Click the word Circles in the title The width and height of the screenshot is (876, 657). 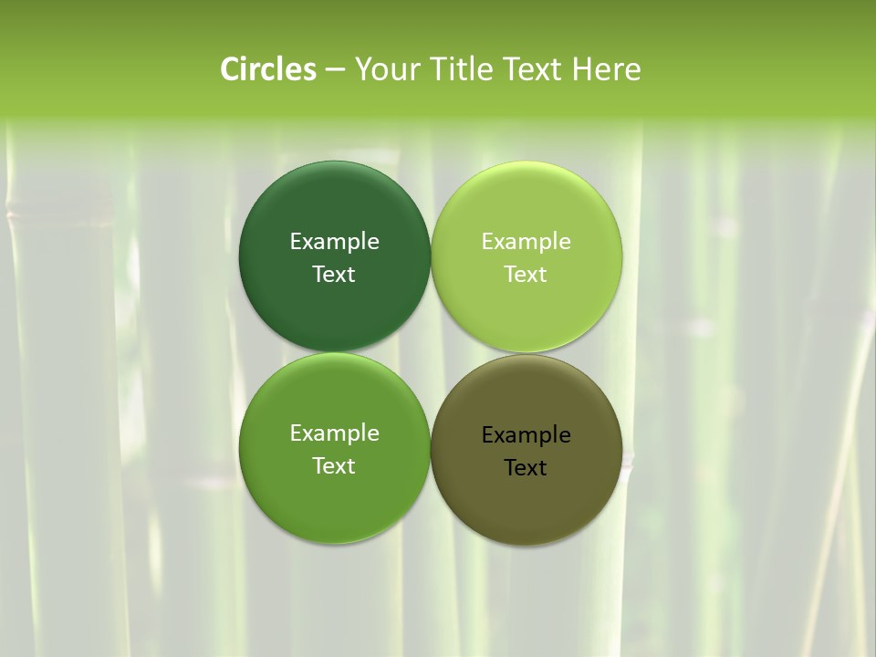point(268,69)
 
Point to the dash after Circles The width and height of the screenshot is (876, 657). point(335,70)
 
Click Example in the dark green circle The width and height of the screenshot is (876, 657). point(334,241)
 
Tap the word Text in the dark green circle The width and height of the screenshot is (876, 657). point(334,274)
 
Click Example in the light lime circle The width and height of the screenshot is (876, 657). point(526,241)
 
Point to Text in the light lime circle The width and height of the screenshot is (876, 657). point(526,274)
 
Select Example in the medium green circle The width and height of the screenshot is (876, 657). point(334,433)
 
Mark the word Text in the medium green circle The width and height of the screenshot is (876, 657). point(334,465)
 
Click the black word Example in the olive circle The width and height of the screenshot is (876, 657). point(526,434)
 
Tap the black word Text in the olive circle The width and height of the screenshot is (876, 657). point(526,467)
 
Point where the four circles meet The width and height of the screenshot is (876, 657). point(431,352)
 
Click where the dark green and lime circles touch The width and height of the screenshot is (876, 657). point(431,256)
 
